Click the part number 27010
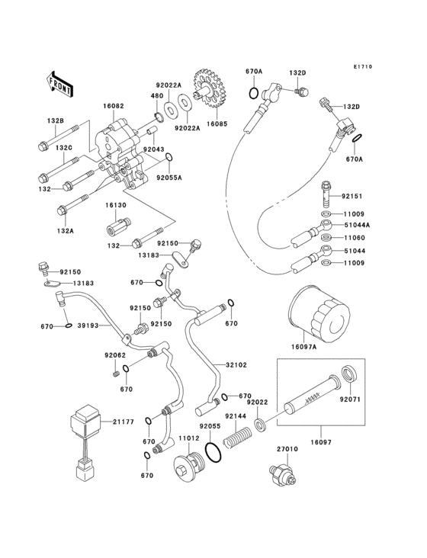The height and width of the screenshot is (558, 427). point(286,451)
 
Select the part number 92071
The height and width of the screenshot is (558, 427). point(350,398)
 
